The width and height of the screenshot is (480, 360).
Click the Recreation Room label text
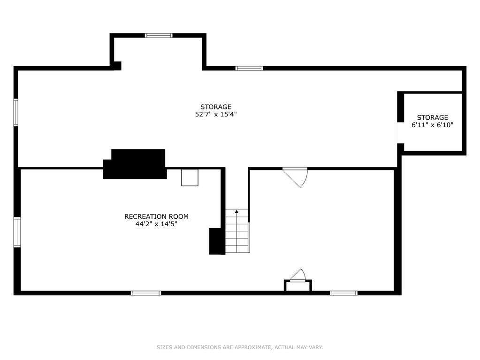tap(156, 216)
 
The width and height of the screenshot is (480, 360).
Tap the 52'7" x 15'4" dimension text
tap(216, 115)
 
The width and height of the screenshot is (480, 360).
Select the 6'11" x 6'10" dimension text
tap(432, 125)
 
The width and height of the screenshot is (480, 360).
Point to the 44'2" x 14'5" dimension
tap(156, 224)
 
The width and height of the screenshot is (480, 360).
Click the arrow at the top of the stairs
tap(236, 211)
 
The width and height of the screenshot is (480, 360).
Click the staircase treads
tap(237, 231)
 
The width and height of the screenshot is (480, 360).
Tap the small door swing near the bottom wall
tap(298, 275)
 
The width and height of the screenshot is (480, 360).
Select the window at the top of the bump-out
tap(159, 36)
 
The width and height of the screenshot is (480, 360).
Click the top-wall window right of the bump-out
tap(249, 68)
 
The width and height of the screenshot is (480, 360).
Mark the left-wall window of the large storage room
tap(16, 112)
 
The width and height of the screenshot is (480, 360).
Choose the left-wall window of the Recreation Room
tap(17, 232)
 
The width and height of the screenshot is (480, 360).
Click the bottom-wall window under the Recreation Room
tap(146, 293)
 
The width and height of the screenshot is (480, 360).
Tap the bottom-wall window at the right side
tap(343, 293)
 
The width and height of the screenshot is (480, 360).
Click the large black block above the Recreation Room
tap(135, 164)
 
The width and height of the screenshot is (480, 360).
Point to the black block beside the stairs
tap(217, 241)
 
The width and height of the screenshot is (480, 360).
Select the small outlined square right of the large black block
tap(190, 177)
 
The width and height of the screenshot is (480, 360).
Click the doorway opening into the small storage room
tap(400, 132)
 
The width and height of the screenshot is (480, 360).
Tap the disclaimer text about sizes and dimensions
tap(240, 347)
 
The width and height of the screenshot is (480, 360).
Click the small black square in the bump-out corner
tap(118, 66)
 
